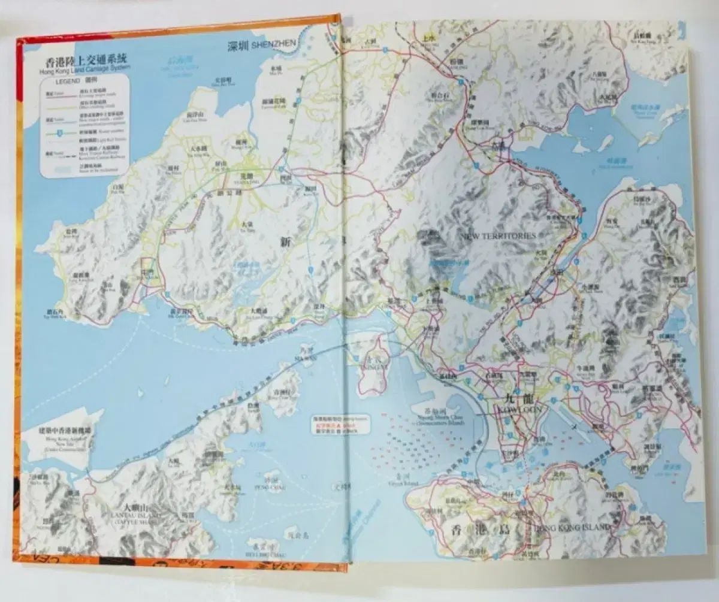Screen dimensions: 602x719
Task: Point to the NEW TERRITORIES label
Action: [x=498, y=236]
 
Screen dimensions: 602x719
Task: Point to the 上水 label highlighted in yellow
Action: [x=428, y=37]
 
